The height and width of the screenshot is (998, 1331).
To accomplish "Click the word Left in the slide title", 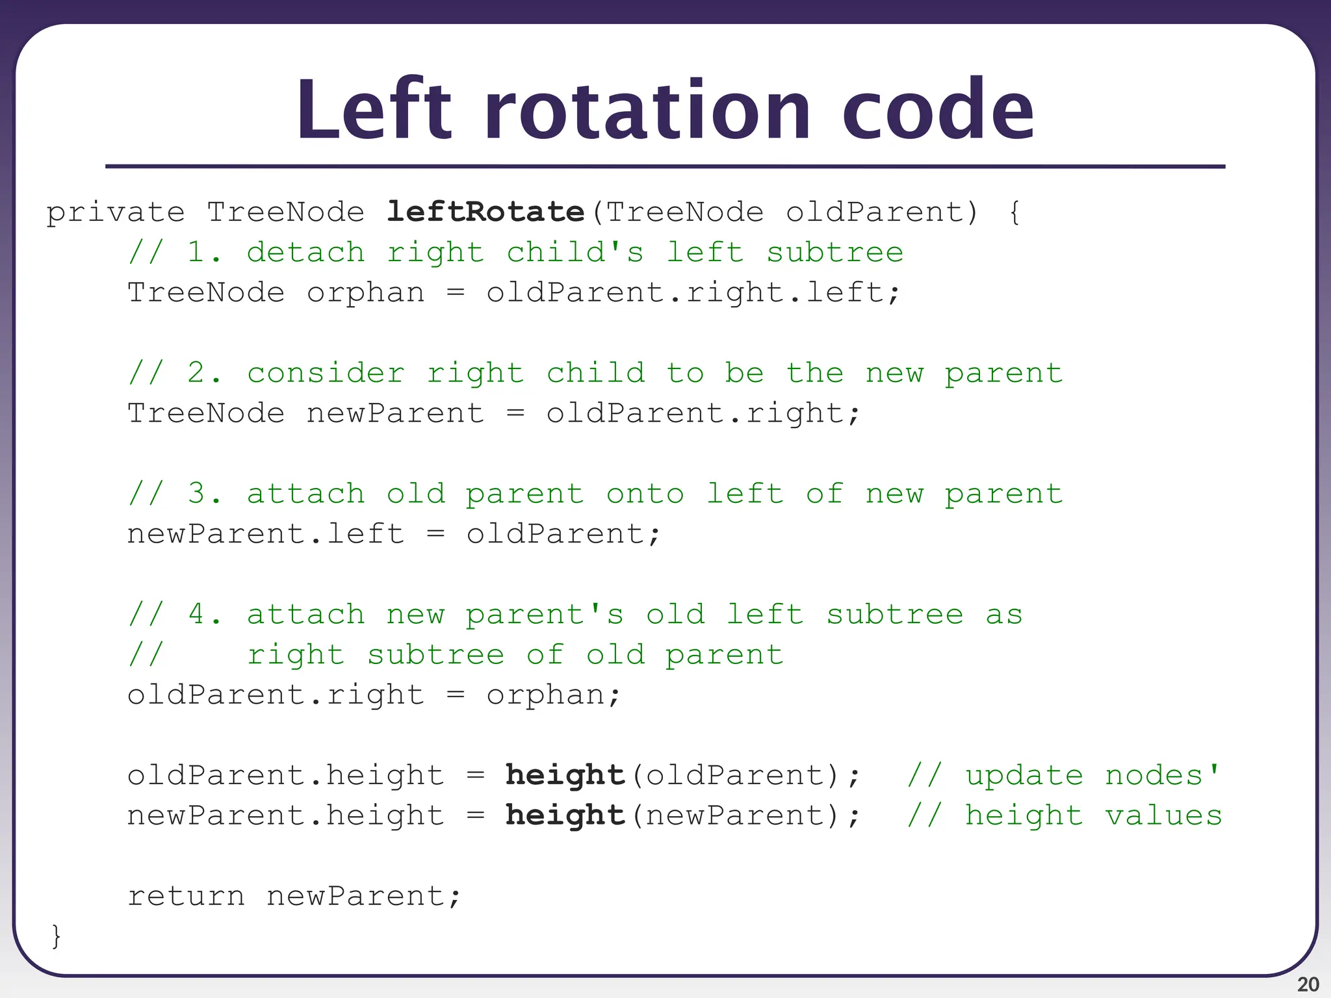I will point(373,110).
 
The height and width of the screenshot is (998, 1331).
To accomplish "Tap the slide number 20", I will point(1308,984).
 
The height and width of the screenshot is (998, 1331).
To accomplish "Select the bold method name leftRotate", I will point(485,212).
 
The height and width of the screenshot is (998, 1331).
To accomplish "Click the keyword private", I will point(116,213).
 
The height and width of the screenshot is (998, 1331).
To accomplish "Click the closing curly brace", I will point(57,936).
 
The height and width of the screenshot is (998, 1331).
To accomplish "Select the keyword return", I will point(186,897).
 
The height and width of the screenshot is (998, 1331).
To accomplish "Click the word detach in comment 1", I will point(305,253).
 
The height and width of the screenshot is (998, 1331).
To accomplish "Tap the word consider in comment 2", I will point(326,374).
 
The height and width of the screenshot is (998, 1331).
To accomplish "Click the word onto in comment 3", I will point(645,494).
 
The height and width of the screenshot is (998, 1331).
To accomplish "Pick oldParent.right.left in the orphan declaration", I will point(693,293).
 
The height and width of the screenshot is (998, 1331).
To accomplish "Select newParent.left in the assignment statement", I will point(265,534).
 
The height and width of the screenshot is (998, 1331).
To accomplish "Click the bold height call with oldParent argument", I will point(565,775).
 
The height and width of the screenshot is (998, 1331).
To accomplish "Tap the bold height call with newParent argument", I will point(565,815).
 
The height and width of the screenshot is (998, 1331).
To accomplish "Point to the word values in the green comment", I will point(1163,815).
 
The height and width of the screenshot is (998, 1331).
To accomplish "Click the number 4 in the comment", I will point(197,615).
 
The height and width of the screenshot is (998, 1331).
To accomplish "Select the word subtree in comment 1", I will point(834,253).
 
